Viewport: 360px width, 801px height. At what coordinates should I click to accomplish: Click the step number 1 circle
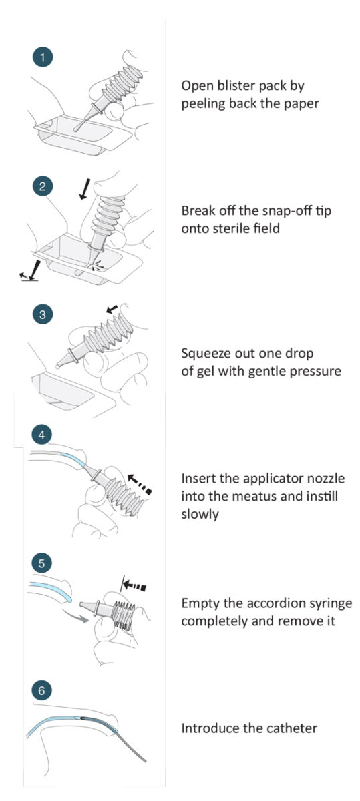pos(43,57)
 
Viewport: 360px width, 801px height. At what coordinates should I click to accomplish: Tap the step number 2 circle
pos(43,186)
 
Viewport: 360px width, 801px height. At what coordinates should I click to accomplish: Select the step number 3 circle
pos(43,314)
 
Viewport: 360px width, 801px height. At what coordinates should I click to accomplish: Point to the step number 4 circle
pos(42,435)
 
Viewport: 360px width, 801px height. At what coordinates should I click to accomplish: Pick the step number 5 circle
pos(42,563)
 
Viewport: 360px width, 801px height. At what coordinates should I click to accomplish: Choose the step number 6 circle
pos(42,690)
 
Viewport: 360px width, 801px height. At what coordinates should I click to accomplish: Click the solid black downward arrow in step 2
pos(83,190)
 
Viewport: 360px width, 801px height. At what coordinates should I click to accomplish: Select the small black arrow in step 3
pos(112,309)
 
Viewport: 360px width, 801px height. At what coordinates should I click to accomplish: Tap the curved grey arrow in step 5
pos(75,615)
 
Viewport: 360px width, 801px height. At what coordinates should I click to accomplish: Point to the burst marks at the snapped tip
pos(98,266)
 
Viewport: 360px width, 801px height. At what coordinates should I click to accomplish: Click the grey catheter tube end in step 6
pos(144,760)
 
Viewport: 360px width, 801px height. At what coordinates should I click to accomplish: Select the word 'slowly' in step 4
pos(200,514)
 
